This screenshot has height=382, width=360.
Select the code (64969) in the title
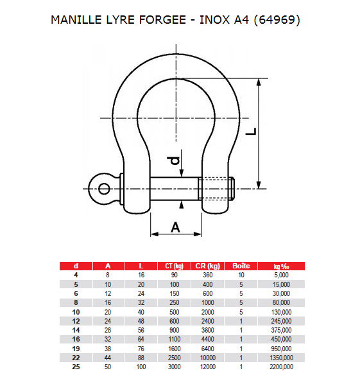(x=276, y=20)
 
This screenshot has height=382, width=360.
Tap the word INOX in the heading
(x=213, y=20)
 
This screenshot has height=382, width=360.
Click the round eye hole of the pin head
(x=103, y=188)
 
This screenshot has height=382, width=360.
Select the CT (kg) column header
(x=174, y=266)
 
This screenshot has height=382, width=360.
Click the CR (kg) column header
(x=208, y=266)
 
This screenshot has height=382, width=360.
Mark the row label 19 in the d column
(x=76, y=349)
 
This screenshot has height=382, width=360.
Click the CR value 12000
(x=208, y=367)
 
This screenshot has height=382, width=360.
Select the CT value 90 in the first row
(x=174, y=275)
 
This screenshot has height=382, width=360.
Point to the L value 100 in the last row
(x=141, y=367)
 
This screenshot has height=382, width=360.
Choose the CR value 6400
(x=208, y=349)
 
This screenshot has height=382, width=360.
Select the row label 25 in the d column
(x=76, y=367)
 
